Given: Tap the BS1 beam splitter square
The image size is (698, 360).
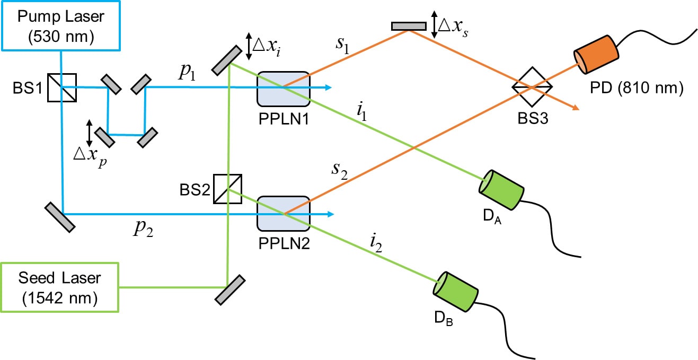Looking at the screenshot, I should click(61, 87).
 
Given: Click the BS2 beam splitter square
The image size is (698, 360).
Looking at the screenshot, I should click(228, 189).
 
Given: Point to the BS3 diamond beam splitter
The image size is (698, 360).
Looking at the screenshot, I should click(532, 86).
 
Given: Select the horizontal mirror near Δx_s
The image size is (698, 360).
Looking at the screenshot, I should click(409, 26).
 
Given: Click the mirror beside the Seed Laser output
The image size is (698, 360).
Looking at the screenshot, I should click(231, 289).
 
